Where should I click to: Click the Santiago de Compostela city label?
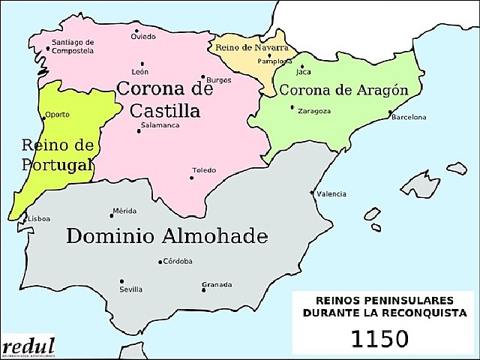click(x=73, y=46)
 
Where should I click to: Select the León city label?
click(x=140, y=72)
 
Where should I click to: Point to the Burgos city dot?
click(x=202, y=76)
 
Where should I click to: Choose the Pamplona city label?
click(x=274, y=59)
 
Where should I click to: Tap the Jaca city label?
click(x=304, y=72)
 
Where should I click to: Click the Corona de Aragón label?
click(x=343, y=90)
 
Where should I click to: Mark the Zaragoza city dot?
click(x=292, y=107)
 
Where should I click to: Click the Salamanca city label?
click(x=160, y=124)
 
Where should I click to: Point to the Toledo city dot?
click(x=192, y=168)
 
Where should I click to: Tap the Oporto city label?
click(x=57, y=115)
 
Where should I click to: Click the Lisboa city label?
click(x=38, y=218)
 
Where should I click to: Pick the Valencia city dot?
click(x=313, y=193)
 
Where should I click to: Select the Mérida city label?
click(x=124, y=211)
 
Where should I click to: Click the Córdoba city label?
click(x=178, y=261)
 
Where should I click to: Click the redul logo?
click(x=28, y=346)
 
